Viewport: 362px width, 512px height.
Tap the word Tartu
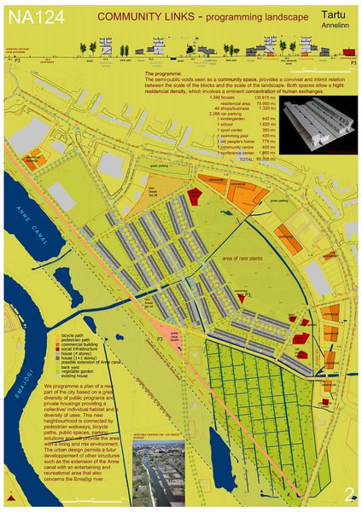click(334, 15)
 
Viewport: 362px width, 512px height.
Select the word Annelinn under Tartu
click(334, 26)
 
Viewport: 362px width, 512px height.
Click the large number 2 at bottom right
click(348, 493)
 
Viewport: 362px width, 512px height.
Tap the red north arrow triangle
click(9, 496)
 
